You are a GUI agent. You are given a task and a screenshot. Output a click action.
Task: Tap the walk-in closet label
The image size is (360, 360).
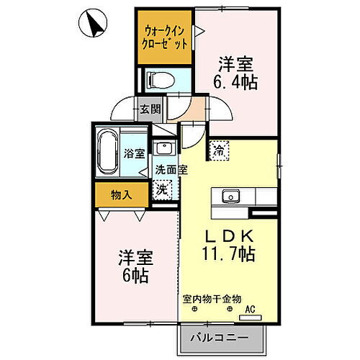(x=166, y=37)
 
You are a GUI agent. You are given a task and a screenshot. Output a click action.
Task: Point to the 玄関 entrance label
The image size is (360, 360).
(x=150, y=110)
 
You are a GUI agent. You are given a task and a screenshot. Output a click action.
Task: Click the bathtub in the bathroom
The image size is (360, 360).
(x=109, y=152)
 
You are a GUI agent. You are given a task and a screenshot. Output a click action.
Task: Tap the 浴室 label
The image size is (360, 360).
(x=134, y=153)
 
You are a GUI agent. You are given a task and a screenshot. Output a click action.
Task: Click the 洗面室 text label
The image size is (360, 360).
(x=171, y=171)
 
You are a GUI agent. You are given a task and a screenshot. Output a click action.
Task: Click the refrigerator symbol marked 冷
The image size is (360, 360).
(x=217, y=150)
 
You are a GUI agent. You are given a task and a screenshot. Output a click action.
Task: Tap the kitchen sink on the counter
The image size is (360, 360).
(x=231, y=196)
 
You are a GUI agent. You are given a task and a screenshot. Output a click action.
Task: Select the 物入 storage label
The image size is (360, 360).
(x=121, y=195)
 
